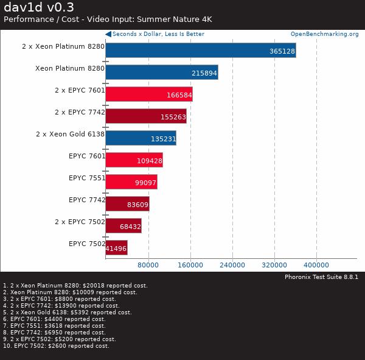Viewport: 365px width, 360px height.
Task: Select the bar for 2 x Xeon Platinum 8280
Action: coord(200,50)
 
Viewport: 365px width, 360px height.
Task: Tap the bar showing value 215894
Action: coord(161,72)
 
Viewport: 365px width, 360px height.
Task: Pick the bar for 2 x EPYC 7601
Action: coord(148,94)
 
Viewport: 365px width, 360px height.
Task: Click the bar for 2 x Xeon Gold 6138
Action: coord(141,138)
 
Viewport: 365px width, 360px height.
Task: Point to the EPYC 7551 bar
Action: coord(131,182)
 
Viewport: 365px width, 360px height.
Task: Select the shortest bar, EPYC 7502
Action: coord(116,247)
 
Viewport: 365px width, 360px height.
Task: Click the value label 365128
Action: coord(282,51)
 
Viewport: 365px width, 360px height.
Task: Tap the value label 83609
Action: coord(136,205)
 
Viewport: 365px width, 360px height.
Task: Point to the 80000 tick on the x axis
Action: coord(148,265)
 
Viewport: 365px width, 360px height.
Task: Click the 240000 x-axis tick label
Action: coord(232,265)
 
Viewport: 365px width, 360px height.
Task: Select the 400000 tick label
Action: coord(316,265)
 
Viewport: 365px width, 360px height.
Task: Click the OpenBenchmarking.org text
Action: coord(324,34)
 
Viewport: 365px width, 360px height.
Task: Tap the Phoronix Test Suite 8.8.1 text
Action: coord(321,277)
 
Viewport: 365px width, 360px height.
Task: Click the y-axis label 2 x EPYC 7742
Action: coord(80,112)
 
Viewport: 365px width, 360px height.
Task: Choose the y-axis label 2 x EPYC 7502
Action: coord(80,222)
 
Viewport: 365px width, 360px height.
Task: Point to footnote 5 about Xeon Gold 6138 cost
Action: coord(68,312)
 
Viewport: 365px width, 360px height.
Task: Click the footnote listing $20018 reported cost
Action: coord(75,286)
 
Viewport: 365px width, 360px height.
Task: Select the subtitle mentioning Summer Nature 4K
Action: coord(108,19)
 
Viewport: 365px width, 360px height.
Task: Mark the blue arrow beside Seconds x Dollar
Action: coord(108,34)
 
